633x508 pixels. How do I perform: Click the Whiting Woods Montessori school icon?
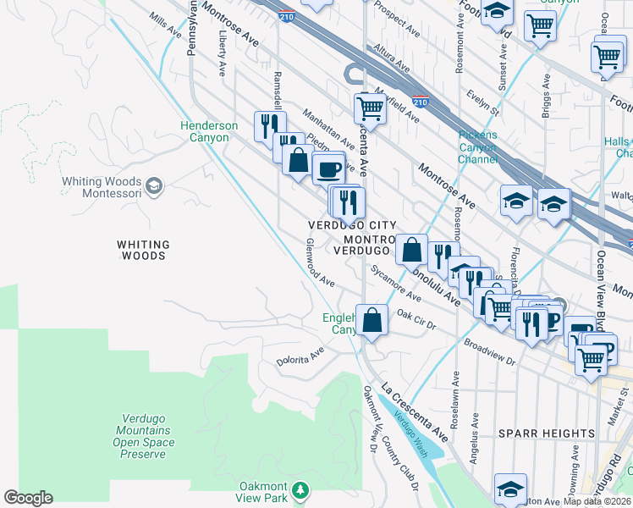(x=154, y=185)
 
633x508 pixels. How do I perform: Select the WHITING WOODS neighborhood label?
(x=143, y=250)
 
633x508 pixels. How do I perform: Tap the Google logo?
(x=28, y=498)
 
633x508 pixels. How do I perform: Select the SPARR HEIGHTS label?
(x=546, y=433)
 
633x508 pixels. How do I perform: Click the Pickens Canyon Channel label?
(x=477, y=147)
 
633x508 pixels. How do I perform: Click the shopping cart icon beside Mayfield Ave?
(x=369, y=108)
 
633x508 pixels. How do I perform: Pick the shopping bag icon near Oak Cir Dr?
(x=372, y=320)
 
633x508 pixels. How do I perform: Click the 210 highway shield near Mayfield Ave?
(x=421, y=102)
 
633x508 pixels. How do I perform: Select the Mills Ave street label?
(x=165, y=25)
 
